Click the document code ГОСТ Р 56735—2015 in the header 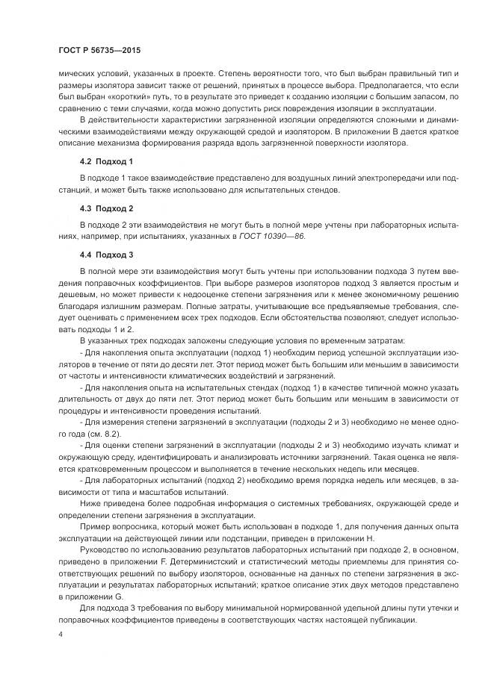pyautogui.click(x=99, y=49)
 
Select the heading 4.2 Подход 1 pyautogui.click(x=105, y=161)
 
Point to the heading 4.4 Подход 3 pyautogui.click(x=105, y=255)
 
